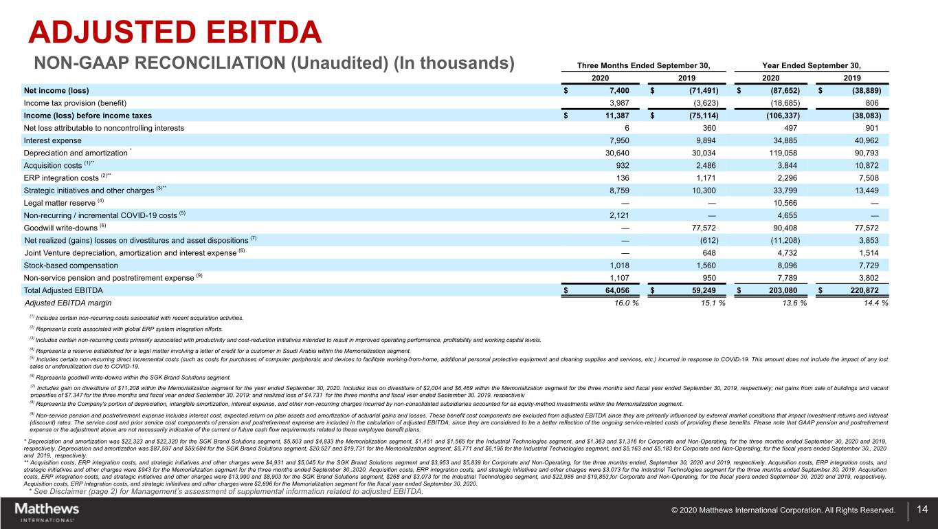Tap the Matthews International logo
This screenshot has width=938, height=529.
pyautogui.click(x=47, y=512)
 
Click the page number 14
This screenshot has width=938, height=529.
pyautogui.click(x=922, y=510)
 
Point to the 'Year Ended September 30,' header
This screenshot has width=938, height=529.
pyautogui.click(x=812, y=65)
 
